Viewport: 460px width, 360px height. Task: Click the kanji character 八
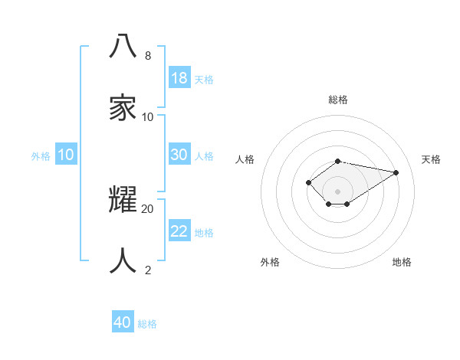pyautogui.click(x=123, y=47)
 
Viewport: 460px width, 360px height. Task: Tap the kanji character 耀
pyautogui.click(x=123, y=198)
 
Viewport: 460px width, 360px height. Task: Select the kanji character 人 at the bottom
pyautogui.click(x=123, y=260)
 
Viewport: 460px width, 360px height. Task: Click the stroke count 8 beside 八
pyautogui.click(x=148, y=56)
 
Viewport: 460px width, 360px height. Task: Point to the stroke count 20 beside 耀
pyautogui.click(x=148, y=208)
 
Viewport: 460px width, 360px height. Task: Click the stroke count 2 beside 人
pyautogui.click(x=148, y=270)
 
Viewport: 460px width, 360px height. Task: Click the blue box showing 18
pyautogui.click(x=179, y=78)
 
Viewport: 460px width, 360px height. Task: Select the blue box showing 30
pyautogui.click(x=179, y=155)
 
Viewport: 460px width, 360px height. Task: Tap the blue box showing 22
pyautogui.click(x=179, y=231)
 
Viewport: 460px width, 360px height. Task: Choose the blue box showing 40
pyautogui.click(x=123, y=322)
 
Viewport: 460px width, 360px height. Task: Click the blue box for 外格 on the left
pyautogui.click(x=66, y=155)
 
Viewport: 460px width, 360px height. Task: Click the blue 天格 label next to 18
pyautogui.click(x=204, y=79)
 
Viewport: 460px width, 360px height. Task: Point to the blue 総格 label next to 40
pyautogui.click(x=147, y=323)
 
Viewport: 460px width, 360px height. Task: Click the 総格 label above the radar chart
pyautogui.click(x=338, y=100)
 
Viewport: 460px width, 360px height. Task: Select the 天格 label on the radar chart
pyautogui.click(x=431, y=159)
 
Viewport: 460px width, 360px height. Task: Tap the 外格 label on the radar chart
pyautogui.click(x=270, y=262)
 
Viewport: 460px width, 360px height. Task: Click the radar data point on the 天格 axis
pyautogui.click(x=396, y=172)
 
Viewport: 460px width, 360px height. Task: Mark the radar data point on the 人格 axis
pyautogui.click(x=308, y=182)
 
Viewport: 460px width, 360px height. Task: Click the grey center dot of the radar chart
pyautogui.click(x=338, y=191)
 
